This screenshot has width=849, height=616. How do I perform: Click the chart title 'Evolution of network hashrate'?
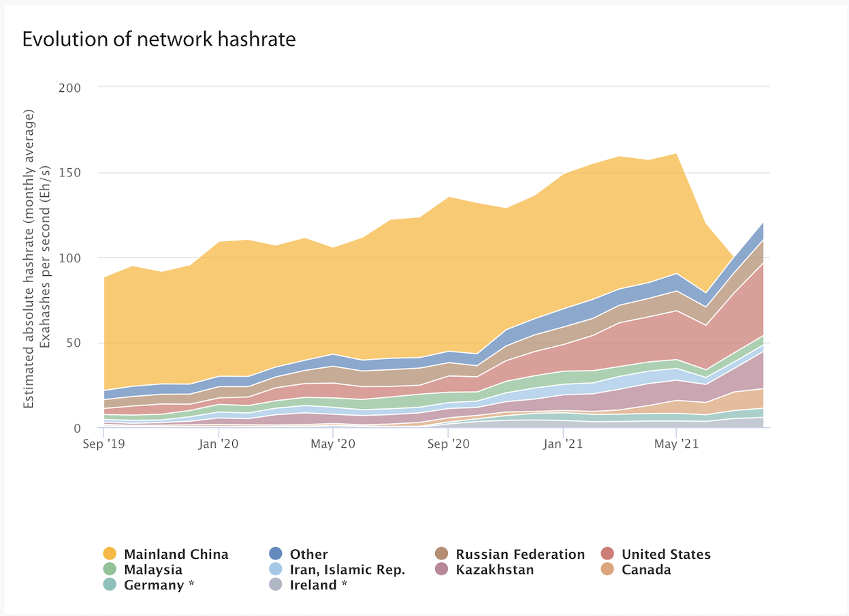(159, 40)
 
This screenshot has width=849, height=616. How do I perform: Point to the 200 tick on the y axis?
(87, 88)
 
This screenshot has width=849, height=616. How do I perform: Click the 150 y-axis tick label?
(88, 173)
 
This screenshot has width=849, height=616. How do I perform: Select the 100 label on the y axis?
(88, 258)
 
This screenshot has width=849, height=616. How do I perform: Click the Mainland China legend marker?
(109, 554)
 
